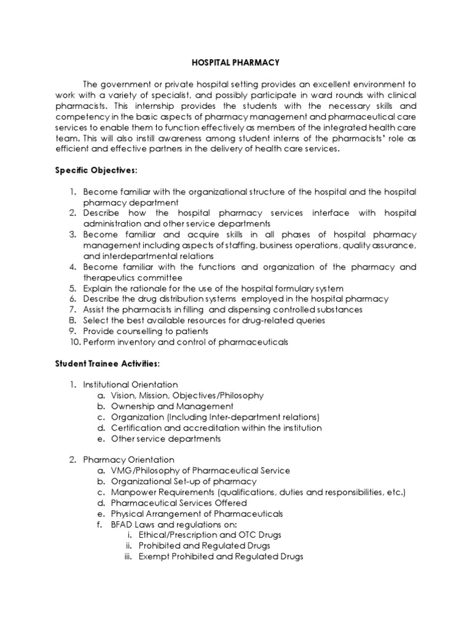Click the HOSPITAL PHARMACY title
tap(236, 62)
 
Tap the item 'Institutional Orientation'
tap(131, 385)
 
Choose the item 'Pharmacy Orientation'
tap(128, 460)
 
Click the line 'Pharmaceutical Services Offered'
tap(179, 503)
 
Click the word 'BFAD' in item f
tap(124, 524)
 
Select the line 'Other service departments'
tap(165, 439)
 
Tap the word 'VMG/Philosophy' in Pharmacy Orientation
tap(142, 471)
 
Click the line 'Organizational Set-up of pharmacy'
tap(184, 481)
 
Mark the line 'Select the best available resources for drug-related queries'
tap(204, 320)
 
